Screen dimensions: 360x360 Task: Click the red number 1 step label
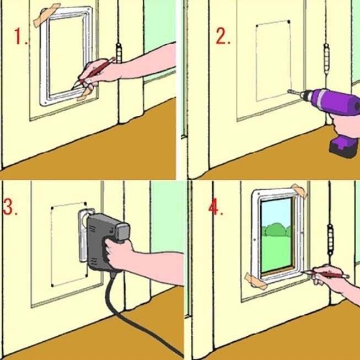(21, 36)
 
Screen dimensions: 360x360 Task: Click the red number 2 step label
(223, 36)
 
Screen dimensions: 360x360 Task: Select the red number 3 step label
(10, 207)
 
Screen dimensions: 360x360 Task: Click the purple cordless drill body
(333, 101)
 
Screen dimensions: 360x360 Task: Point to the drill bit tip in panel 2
(288, 91)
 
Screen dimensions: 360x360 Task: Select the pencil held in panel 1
(94, 73)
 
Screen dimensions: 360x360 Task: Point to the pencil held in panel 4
(326, 274)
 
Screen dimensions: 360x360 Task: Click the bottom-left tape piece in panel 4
(256, 281)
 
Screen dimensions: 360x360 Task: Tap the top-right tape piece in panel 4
(299, 191)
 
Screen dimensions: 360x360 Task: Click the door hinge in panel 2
(326, 59)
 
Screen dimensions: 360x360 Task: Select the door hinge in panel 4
(330, 239)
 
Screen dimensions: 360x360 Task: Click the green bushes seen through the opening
(276, 229)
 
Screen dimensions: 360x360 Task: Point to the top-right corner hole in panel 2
(288, 22)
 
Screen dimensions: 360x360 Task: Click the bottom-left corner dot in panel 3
(52, 286)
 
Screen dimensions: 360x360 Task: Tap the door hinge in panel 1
(119, 53)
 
